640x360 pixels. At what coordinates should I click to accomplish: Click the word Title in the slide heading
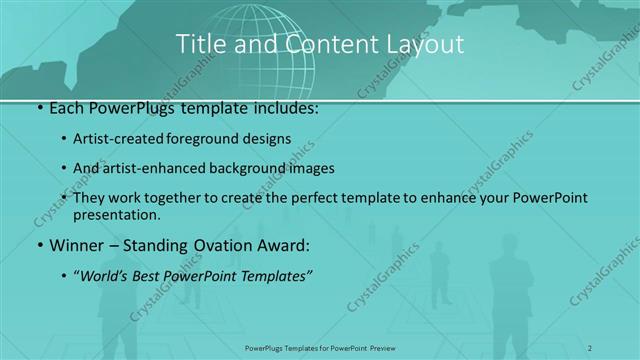pyautogui.click(x=198, y=43)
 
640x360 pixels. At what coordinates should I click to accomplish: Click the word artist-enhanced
pyautogui.click(x=153, y=168)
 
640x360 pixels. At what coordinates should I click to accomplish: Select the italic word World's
pyautogui.click(x=104, y=274)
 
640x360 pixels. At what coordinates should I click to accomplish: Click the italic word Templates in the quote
pyautogui.click(x=275, y=274)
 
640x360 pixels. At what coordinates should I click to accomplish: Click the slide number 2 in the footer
pyautogui.click(x=590, y=348)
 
